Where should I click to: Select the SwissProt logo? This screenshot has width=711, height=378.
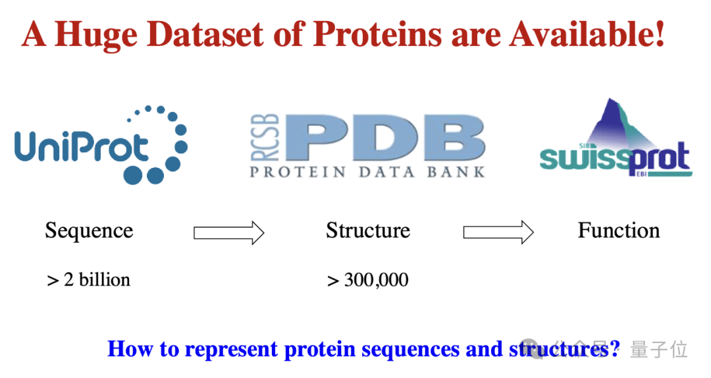(616, 138)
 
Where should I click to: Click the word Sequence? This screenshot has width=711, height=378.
(89, 231)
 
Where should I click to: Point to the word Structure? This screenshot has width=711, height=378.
(368, 230)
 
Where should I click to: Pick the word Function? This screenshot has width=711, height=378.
(618, 230)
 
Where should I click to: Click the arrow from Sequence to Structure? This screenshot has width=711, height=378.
(229, 233)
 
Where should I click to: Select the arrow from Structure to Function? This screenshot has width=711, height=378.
(498, 232)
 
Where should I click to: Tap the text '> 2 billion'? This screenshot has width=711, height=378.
(88, 279)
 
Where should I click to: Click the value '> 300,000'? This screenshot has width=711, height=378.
(368, 280)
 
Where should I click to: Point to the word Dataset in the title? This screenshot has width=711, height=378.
(205, 34)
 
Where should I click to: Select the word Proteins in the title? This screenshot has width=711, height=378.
(377, 34)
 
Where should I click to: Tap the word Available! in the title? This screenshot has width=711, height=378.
(587, 34)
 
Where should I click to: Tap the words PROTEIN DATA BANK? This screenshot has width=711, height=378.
(368, 172)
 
